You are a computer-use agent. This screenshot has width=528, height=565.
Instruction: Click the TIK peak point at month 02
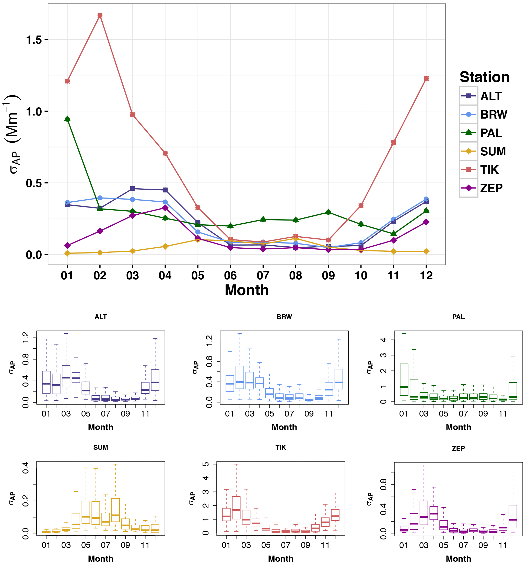tap(100, 15)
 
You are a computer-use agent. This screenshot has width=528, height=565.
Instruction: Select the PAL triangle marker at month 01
tap(67, 119)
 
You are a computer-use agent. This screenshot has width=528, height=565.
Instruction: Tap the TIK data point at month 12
tap(426, 78)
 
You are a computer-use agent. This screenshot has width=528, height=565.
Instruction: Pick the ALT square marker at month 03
tap(132, 188)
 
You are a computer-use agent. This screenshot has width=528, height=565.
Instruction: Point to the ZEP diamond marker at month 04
tap(165, 208)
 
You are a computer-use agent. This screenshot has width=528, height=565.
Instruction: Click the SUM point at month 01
tap(67, 253)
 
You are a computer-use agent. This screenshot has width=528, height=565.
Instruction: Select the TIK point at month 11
tap(393, 142)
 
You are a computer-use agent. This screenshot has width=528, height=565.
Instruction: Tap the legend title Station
tap(484, 77)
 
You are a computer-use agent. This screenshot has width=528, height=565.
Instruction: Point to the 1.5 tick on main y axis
tap(34, 40)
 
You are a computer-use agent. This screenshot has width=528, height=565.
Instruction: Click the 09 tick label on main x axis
tap(328, 275)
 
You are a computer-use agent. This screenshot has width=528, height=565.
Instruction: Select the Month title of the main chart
tap(247, 290)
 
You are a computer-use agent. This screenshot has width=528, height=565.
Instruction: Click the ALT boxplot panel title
tap(101, 317)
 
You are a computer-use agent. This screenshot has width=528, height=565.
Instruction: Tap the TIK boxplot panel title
tap(281, 447)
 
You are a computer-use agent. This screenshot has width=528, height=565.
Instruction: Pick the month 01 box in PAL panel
tap(404, 379)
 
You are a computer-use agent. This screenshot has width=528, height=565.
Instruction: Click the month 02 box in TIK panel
tap(236, 508)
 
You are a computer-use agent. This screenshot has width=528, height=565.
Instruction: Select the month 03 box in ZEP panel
tap(424, 513)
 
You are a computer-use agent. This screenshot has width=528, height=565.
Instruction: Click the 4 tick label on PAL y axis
tap(383, 340)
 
